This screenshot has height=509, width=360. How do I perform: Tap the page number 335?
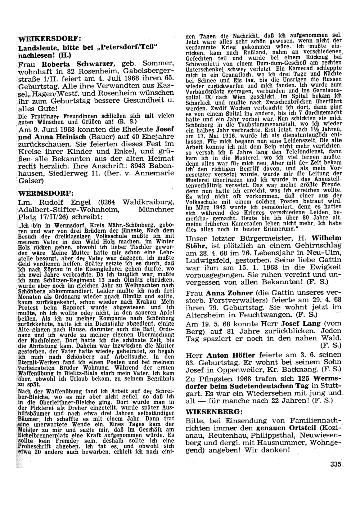(x=336, y=464)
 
